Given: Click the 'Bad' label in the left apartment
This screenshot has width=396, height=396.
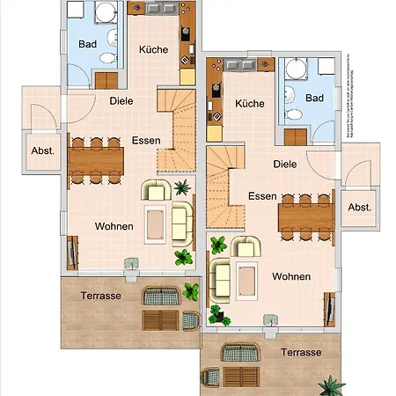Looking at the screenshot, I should click(x=86, y=43).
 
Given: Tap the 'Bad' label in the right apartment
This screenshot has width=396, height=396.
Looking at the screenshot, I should click(x=315, y=98).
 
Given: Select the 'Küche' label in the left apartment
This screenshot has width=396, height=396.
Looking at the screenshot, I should click(x=154, y=49).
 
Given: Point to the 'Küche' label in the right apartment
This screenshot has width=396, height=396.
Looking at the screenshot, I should click(x=250, y=104).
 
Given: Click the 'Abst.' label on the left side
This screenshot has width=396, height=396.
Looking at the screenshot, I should click(x=43, y=150).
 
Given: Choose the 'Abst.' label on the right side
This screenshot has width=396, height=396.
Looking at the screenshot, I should click(x=359, y=207).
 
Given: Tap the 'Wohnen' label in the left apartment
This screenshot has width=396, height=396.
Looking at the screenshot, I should click(x=114, y=226).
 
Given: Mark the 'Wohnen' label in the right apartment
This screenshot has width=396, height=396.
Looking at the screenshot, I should click(x=291, y=276).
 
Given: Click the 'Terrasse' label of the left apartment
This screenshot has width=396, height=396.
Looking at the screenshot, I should click(x=100, y=296).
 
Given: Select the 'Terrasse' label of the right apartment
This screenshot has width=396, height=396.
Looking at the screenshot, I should click(x=300, y=351).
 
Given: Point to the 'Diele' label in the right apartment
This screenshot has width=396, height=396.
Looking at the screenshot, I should click(x=285, y=164).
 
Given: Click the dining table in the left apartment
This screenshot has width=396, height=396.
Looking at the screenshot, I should click(x=96, y=161).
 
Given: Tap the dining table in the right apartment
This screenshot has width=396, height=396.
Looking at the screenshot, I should click(x=305, y=216).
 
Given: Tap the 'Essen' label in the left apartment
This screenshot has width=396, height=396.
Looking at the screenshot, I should click(x=146, y=141).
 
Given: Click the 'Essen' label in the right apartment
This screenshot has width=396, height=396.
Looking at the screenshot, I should click(x=263, y=195).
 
